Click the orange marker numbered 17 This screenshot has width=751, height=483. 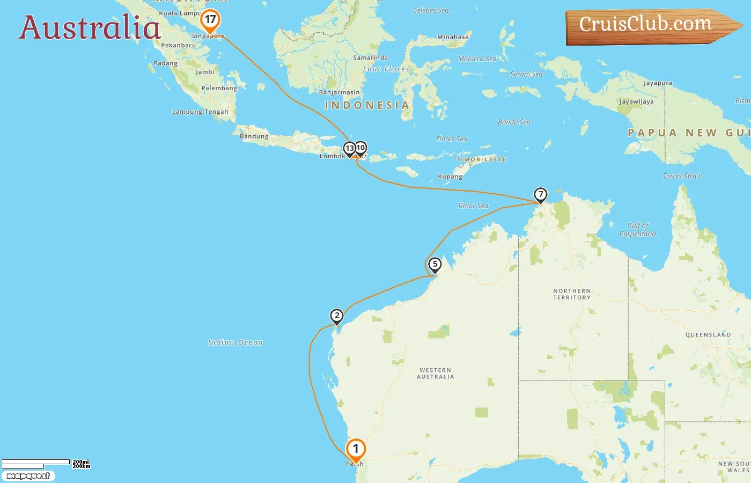click(210, 20)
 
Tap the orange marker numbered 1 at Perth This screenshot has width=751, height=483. click(356, 449)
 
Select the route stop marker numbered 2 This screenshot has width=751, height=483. click(336, 316)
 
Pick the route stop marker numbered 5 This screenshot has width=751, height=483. click(435, 264)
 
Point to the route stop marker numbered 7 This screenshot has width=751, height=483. click(540, 194)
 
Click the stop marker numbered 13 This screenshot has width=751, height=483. click(349, 148)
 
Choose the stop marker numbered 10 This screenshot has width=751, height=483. click(361, 148)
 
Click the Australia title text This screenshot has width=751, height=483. click(90, 28)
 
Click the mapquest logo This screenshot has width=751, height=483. click(28, 476)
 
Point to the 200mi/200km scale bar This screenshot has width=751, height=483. click(45, 464)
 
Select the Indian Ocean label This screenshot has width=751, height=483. click(235, 342)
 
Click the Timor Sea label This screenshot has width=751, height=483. click(473, 206)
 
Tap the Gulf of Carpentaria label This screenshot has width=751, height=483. click(637, 230)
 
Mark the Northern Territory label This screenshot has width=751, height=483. click(572, 294)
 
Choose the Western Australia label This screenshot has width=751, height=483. click(435, 374)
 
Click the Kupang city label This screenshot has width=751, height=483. click(450, 177)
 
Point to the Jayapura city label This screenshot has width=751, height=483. click(658, 83)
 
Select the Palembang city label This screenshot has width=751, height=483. click(219, 88)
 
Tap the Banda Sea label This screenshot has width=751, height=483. click(514, 122)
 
